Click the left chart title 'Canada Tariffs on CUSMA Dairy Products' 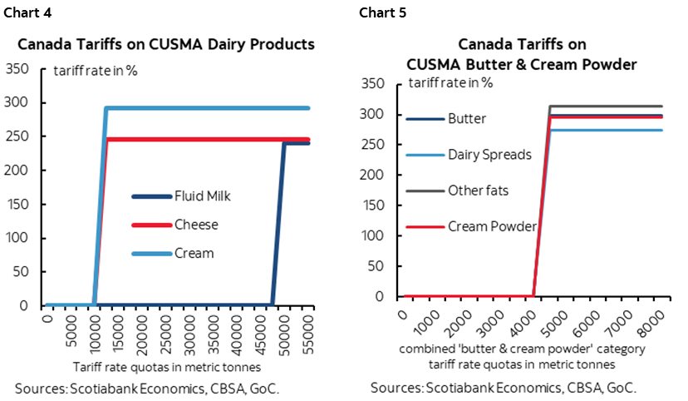pyautogui.click(x=166, y=44)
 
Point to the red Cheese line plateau pyautogui.click(x=208, y=140)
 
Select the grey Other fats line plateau pyautogui.click(x=607, y=106)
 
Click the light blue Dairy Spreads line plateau pyautogui.click(x=607, y=130)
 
